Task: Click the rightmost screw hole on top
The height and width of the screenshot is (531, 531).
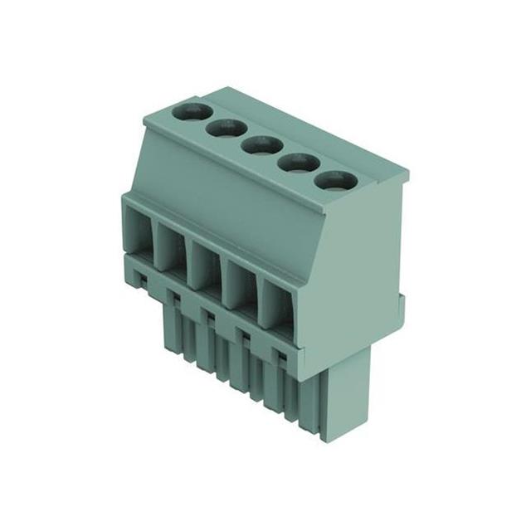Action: (334, 180)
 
